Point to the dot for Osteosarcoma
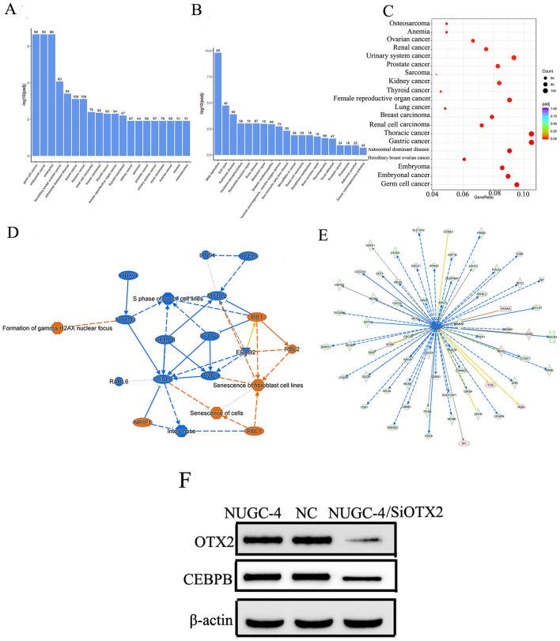446,24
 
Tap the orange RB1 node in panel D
257,316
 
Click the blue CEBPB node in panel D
165,338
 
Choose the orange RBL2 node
291,349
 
